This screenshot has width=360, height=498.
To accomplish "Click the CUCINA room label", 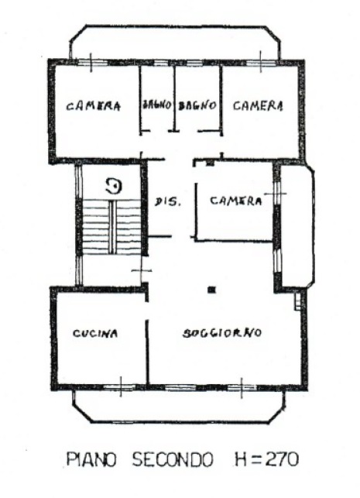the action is [x=95, y=333].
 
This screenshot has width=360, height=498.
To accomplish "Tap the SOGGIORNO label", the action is [x=222, y=333].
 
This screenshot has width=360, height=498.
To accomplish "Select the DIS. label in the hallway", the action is [x=168, y=201].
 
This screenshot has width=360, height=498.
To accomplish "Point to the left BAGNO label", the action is [x=157, y=105].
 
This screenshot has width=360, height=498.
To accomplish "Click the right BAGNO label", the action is [x=197, y=105].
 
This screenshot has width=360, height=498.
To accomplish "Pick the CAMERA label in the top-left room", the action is [x=94, y=106].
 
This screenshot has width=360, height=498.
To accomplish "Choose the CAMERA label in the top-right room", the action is [x=258, y=105].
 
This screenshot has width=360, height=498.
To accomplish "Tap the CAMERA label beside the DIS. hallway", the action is [x=236, y=201].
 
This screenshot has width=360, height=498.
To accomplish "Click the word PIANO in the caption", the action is [x=91, y=459].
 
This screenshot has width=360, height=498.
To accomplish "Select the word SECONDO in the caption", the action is [x=173, y=459].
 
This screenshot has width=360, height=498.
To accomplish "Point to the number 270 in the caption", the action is [x=282, y=459].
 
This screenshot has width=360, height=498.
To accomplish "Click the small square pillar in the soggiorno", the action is [x=211, y=290].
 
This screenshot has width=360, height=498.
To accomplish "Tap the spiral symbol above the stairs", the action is [x=115, y=186].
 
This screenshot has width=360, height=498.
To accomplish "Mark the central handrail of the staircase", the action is [x=112, y=227].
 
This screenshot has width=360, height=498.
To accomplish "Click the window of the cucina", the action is [x=120, y=386].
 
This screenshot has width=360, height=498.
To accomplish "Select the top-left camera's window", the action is [x=91, y=62].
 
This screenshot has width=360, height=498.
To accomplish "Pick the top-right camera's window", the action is [x=261, y=62].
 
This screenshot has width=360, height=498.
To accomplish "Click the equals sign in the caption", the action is [x=257, y=459].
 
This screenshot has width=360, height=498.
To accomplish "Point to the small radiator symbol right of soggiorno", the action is [x=297, y=301].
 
